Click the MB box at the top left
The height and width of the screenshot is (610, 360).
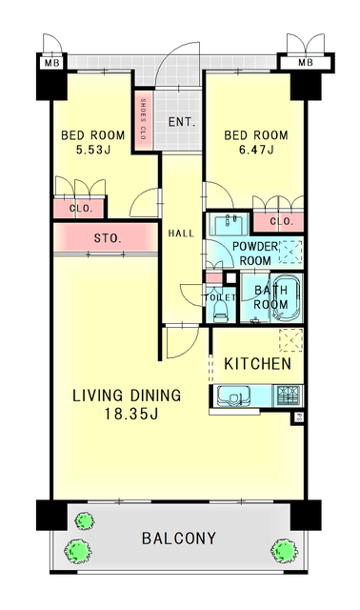tap(51, 63)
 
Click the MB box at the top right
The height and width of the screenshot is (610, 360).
tap(306, 62)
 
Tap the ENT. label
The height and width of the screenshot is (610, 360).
tap(182, 122)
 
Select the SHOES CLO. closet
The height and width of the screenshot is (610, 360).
tap(143, 120)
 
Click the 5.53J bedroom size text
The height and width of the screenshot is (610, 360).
tap(93, 150)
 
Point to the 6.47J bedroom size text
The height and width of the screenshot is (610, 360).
tap(256, 150)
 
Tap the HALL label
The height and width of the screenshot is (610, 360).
tap(181, 234)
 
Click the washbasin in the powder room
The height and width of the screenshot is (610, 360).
tap(230, 224)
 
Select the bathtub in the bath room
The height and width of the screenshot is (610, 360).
tap(286, 298)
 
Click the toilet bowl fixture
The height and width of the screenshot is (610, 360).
tap(221, 311)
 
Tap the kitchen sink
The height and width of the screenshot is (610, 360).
tap(233, 396)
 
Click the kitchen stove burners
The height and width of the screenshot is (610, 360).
tap(289, 396)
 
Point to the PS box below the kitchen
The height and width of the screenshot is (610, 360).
tap(299, 418)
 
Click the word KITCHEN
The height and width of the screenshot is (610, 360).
tap(257, 364)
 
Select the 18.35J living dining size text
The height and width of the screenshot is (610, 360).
tap(130, 415)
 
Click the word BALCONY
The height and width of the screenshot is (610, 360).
tap(179, 539)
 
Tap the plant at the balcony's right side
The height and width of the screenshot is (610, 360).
tap(284, 551)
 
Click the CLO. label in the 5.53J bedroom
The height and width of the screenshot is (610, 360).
tap(81, 209)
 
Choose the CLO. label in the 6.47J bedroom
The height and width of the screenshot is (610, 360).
tap(282, 222)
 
